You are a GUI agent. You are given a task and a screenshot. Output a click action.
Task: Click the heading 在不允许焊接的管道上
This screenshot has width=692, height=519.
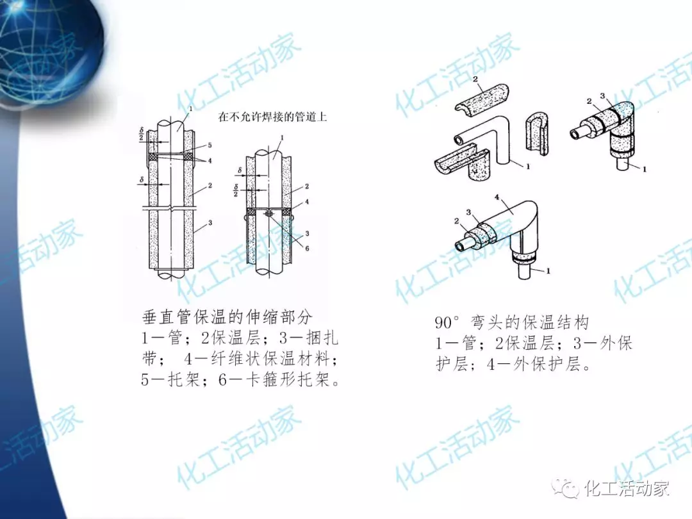coord(272,117)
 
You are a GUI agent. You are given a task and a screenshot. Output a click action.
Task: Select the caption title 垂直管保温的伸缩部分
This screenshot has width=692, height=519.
coord(227,317)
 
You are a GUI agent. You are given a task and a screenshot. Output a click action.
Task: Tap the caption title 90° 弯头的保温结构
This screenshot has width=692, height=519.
coord(512,322)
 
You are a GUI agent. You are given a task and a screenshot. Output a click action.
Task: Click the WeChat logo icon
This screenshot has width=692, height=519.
coord(566,488)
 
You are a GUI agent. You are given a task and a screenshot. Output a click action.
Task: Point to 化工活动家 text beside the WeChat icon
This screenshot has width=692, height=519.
coord(627,488)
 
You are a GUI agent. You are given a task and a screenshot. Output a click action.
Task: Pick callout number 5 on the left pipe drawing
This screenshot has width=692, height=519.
coord(210,145)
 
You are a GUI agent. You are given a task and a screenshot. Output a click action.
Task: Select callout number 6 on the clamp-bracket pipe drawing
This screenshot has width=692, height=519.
coord(307,249)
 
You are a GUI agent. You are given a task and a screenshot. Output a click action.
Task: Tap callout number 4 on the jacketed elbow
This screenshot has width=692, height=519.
coord(497,197)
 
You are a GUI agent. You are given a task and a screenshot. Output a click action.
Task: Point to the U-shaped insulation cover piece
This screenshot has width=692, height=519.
coord(538,133)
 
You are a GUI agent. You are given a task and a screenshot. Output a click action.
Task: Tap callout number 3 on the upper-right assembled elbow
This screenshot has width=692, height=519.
coord(603,95)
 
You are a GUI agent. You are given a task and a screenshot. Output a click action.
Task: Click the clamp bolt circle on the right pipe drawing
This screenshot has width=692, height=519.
coord(268,213)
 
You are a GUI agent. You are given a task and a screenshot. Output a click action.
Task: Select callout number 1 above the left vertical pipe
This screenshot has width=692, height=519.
coord(191,108)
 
